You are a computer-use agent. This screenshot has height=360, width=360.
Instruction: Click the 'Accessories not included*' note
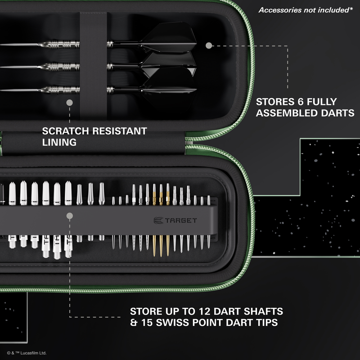[x=306, y=10]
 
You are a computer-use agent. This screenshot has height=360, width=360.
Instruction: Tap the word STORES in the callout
[x=275, y=102]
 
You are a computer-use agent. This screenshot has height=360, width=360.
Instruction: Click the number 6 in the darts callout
[x=301, y=102]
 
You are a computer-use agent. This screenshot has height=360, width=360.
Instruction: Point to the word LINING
[x=59, y=142]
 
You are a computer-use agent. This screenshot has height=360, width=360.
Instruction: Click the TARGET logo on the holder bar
[x=175, y=220]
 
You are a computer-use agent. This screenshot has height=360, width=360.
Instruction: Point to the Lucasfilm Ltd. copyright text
[x=27, y=353]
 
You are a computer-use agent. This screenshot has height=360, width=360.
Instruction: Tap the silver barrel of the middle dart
[x=60, y=67]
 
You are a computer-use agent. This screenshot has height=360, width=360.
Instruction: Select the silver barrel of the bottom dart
[x=60, y=90]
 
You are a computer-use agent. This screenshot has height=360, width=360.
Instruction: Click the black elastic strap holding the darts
[x=93, y=65]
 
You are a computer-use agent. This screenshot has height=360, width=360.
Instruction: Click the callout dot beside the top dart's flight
[x=209, y=45]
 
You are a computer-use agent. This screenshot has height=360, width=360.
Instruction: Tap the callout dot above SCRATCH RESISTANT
[x=70, y=103]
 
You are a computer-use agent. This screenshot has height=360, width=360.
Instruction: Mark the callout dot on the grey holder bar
[x=70, y=216]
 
